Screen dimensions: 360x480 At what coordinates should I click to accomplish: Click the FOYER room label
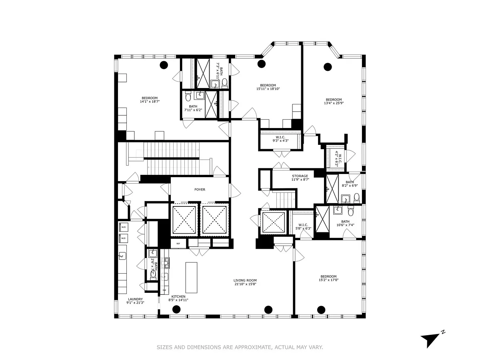point(200,190)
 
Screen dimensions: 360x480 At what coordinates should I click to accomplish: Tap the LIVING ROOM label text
point(245,280)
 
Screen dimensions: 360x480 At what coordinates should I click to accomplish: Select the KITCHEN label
point(178,296)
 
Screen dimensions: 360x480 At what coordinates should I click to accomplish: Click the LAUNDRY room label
point(135,299)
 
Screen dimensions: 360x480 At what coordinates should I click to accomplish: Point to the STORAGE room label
point(300,176)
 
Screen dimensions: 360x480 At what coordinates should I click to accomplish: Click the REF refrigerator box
point(178,243)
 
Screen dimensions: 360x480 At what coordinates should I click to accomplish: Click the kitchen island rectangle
point(192,278)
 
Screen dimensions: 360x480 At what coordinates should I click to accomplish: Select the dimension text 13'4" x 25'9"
point(334,103)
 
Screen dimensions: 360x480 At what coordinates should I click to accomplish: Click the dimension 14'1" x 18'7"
point(150,102)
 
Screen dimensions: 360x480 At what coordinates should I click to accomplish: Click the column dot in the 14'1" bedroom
point(163,65)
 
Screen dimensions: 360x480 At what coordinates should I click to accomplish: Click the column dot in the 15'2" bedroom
point(321,309)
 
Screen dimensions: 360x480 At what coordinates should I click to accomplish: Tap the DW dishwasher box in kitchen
point(164,290)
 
